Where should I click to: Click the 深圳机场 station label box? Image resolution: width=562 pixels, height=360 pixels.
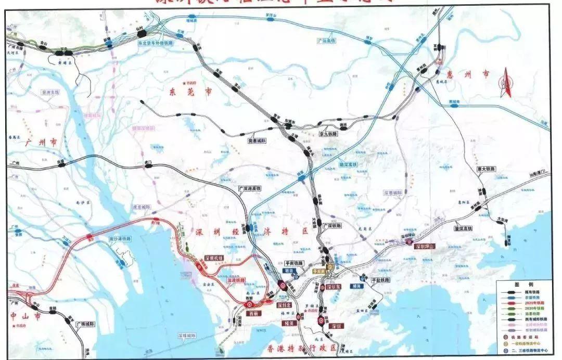click(x=213, y=258)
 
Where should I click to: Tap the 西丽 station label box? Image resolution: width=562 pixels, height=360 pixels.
click(x=253, y=314)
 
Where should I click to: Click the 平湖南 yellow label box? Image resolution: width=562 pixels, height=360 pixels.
click(x=318, y=271)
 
